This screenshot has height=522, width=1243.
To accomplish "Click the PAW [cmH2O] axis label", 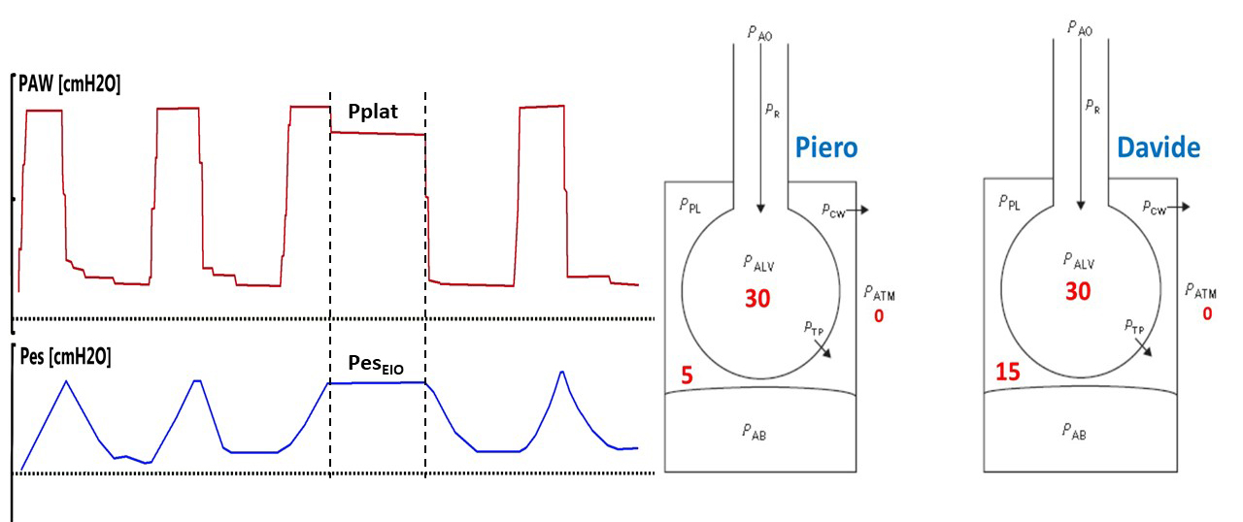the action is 69,84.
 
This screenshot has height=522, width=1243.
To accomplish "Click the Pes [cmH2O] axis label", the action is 65,356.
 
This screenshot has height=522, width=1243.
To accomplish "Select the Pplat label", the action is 373,113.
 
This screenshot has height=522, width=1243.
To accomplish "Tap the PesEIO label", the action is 376,365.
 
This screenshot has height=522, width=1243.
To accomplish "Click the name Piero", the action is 826,147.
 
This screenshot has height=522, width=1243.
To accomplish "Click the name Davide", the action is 1159,147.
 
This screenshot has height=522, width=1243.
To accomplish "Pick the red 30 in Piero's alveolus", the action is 757,299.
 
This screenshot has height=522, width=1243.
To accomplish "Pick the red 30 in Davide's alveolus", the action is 1078,291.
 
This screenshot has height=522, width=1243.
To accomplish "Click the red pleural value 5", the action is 687,375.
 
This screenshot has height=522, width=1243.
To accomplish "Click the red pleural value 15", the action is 1008,372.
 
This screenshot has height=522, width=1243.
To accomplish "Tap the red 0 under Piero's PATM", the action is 879,316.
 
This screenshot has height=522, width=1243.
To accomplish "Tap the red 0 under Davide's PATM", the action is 1207,314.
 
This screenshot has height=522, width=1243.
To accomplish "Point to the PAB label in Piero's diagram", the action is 755,432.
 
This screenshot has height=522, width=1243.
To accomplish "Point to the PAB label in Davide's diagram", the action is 1074,431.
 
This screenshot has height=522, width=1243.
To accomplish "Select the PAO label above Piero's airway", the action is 759,33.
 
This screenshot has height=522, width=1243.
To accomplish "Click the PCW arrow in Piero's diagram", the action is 857,210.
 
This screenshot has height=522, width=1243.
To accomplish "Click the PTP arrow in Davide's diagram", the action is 1144,347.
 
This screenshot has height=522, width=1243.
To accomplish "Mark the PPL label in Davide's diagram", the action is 1009,202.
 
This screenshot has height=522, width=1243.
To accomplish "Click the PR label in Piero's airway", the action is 772,111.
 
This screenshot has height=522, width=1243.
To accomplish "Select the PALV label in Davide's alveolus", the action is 1079,261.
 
